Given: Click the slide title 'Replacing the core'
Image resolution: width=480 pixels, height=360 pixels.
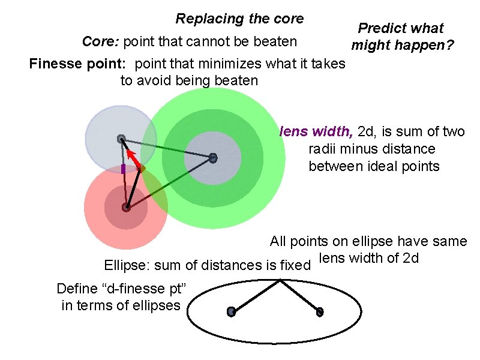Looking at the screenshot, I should point(239,19).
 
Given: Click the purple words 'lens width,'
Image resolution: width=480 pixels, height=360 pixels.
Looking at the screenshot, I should point(316,131).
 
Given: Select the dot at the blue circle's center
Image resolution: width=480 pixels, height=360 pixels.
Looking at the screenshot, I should point(121,139).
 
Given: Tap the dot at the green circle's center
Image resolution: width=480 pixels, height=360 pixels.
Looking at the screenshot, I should point(212,158).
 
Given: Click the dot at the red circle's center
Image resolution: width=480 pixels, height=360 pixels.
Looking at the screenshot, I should point(126,208).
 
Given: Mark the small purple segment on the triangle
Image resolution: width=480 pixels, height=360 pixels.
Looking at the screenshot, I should point(123,169).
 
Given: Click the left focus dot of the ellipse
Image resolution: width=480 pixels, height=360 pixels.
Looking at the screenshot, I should point(231,311).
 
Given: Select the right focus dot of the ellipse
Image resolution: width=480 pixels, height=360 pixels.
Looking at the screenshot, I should point(320,311).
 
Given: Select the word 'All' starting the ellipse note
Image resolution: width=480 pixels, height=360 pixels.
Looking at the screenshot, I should point(278,241).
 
